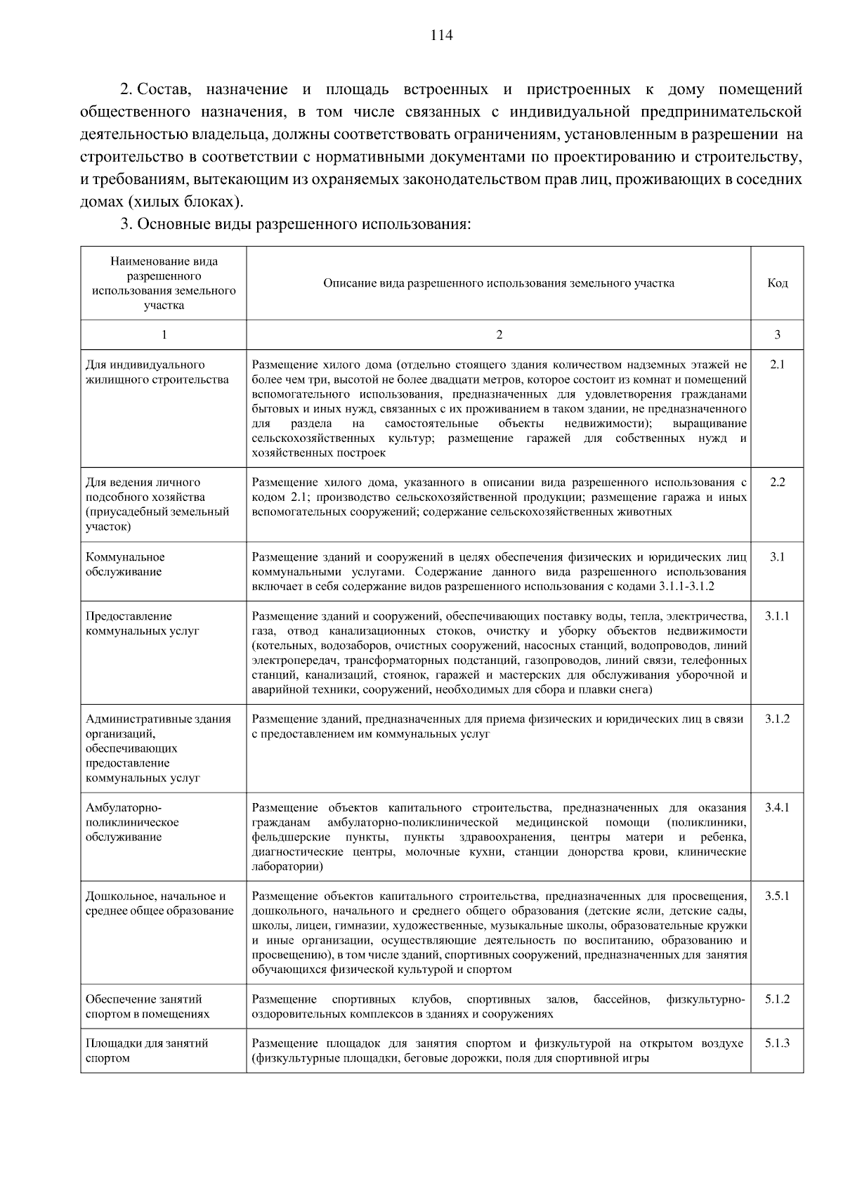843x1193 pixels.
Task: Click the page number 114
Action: [442, 36]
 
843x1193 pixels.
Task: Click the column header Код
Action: [777, 283]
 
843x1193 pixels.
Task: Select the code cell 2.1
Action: [777, 364]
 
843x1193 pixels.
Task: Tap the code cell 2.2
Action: [777, 482]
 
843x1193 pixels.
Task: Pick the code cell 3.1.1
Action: [777, 616]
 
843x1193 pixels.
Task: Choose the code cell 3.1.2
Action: [777, 719]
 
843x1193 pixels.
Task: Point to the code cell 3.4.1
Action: [777, 807]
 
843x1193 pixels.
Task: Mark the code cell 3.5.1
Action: [777, 896]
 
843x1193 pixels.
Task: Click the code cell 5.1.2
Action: [777, 999]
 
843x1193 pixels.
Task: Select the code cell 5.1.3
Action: [777, 1043]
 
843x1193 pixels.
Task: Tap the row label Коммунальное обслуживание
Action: [125, 564]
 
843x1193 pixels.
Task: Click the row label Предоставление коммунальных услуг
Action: [142, 623]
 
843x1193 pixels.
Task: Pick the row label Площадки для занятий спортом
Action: [147, 1050]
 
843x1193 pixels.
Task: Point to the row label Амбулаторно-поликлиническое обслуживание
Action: [132, 822]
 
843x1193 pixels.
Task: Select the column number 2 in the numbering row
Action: [499, 334]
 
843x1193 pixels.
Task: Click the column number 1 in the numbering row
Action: [164, 334]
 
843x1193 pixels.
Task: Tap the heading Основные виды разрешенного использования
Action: [302, 224]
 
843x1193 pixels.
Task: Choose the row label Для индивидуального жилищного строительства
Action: [157, 372]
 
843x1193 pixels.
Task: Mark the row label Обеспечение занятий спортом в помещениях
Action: [148, 1006]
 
